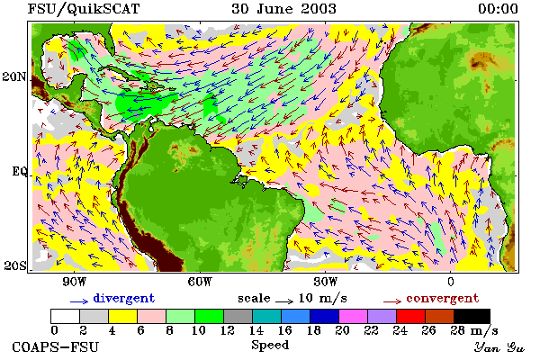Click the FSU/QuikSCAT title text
[84, 9]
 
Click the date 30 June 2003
[283, 9]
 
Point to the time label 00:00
[498, 9]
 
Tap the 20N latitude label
[14, 76]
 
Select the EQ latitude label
[19, 171]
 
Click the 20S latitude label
[14, 265]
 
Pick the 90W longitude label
[75, 282]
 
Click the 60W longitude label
[200, 282]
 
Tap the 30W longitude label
[326, 282]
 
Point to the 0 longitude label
[451, 282]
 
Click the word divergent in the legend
[124, 298]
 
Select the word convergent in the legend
[443, 298]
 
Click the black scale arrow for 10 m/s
[284, 301]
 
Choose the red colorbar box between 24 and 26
[410, 316]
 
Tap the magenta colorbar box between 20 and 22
[353, 316]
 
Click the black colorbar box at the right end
[472, 316]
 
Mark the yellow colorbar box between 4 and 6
[122, 316]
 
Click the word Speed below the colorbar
[270, 346]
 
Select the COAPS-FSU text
[56, 346]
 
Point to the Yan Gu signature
[499, 346]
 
